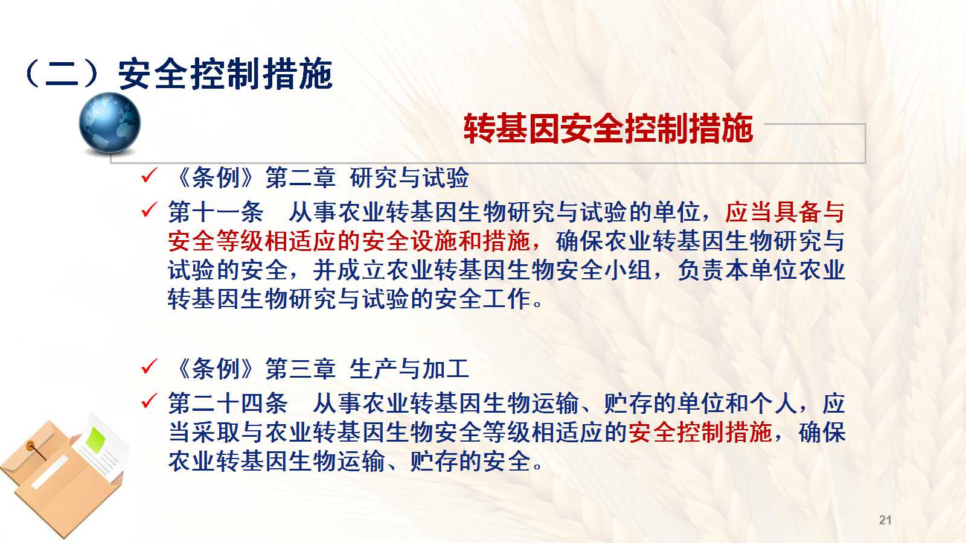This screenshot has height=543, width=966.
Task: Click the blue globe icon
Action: [109, 123]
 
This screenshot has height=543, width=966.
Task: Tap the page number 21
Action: [885, 519]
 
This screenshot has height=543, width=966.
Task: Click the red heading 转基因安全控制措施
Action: [608, 129]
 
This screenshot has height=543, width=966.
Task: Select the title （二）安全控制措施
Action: [179, 74]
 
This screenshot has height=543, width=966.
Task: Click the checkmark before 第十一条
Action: [149, 210]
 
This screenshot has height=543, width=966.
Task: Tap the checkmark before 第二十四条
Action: [149, 401]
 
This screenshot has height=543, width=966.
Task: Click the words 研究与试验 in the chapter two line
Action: [409, 177]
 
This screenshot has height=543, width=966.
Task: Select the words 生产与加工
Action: [409, 369]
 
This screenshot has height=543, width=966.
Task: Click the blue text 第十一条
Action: [216, 212]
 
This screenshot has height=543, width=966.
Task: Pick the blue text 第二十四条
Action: [228, 404]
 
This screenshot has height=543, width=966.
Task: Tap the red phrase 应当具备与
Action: [784, 212]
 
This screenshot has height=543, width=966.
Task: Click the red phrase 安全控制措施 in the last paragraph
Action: [700, 432]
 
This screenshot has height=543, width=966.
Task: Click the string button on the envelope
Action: [31, 446]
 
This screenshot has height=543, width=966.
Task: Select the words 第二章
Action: [300, 177]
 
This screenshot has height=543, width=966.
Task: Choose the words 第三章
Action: [300, 369]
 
